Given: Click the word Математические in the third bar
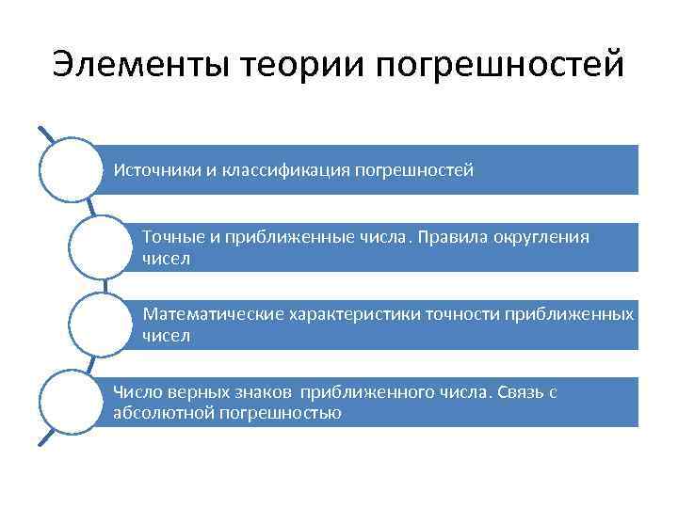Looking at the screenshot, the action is tap(212, 313).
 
